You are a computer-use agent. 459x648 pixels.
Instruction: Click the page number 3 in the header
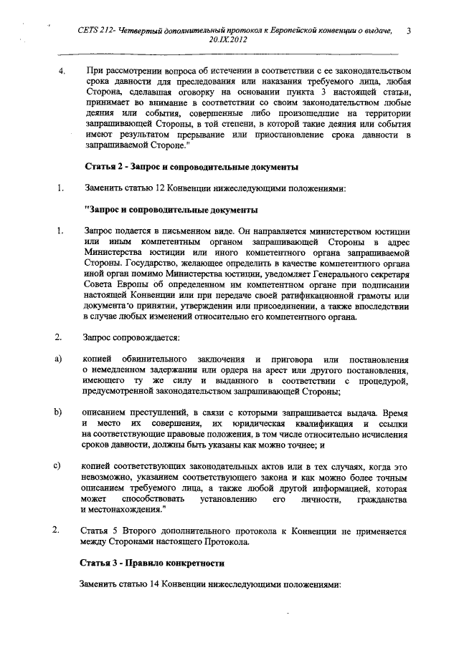[408, 31]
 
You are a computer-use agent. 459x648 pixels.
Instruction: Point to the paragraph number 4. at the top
[62, 72]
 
